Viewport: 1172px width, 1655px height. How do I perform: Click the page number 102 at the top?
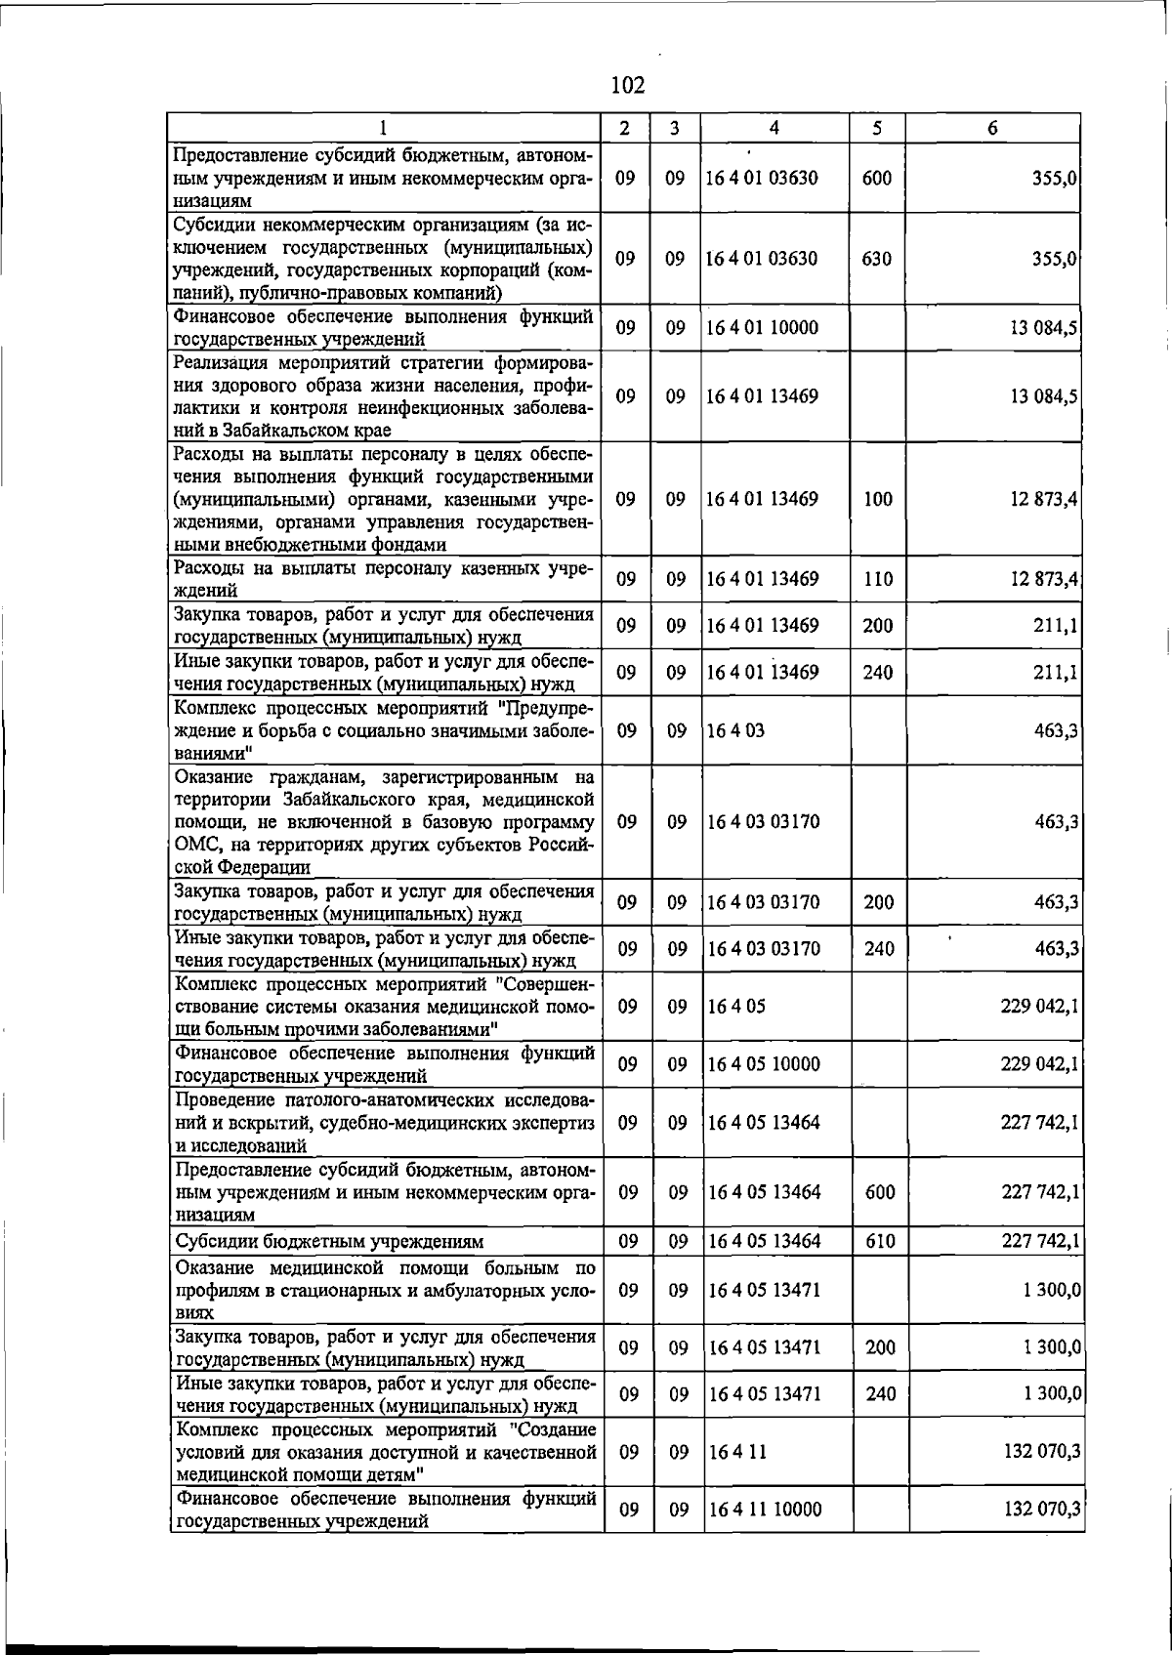pos(627,86)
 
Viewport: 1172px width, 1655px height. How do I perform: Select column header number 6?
pos(992,128)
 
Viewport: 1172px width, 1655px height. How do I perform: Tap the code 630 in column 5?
pos(877,259)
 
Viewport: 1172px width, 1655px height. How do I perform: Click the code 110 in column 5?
pos(878,579)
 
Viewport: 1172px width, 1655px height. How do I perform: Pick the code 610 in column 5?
pos(879,1241)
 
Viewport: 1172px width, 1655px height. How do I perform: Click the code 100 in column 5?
pos(878,499)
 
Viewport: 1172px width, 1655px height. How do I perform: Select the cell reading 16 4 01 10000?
pos(763,328)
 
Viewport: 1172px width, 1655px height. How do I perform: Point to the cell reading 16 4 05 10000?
pos(764,1064)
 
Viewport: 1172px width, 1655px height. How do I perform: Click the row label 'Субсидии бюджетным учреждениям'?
pos(329,1242)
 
